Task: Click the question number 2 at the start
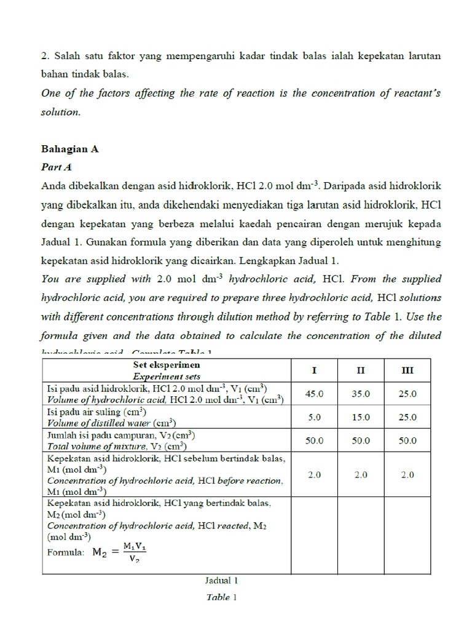click(x=44, y=55)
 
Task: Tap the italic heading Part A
click(x=57, y=167)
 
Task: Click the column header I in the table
click(x=314, y=370)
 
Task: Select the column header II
click(x=361, y=370)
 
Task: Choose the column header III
click(x=407, y=370)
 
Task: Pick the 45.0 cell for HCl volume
click(x=314, y=393)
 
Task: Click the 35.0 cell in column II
click(x=361, y=393)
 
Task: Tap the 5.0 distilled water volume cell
click(x=314, y=417)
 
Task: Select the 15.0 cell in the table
click(x=361, y=417)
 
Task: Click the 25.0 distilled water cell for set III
click(x=407, y=417)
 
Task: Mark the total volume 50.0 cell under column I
click(x=314, y=441)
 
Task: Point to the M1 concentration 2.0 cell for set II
click(x=361, y=474)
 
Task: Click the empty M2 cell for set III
click(x=407, y=535)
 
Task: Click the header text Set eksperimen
click(x=167, y=365)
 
